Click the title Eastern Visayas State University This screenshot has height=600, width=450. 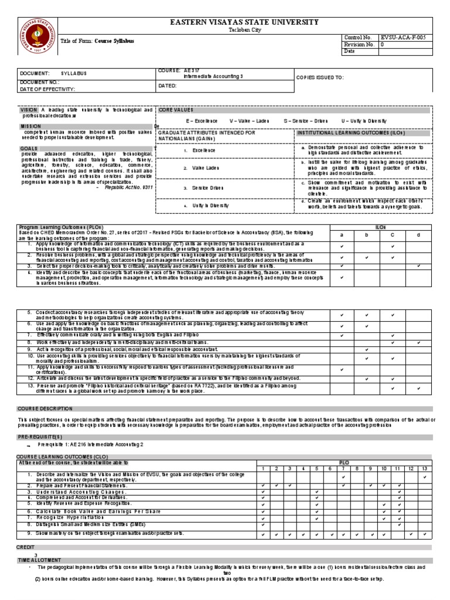[x=244, y=22]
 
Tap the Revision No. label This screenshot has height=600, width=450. [x=359, y=44]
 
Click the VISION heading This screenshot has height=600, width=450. [x=29, y=110]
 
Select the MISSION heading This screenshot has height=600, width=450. [x=31, y=126]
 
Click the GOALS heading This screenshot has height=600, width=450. [x=29, y=149]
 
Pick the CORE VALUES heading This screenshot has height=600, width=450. [x=176, y=110]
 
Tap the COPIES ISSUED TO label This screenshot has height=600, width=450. [x=320, y=77]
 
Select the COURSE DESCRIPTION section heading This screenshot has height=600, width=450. [x=45, y=408]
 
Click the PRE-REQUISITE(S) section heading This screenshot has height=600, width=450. [x=39, y=437]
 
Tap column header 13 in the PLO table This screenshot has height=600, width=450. [x=424, y=469]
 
